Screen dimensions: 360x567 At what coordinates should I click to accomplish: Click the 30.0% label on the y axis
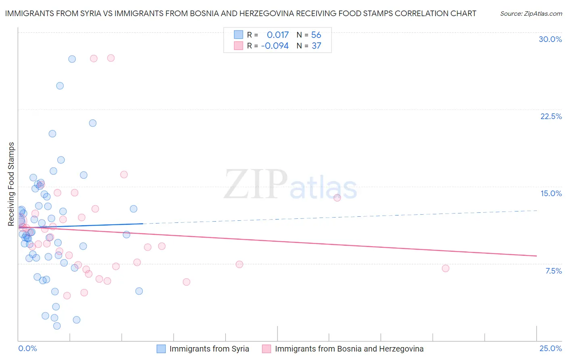pos(550,39)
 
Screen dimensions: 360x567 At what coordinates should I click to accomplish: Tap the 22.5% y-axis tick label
pos(551,116)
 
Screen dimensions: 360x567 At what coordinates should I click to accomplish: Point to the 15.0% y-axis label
pos(551,193)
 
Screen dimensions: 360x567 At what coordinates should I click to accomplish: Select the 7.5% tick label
pos(553,271)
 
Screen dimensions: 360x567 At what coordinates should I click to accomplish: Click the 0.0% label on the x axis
pos(27,348)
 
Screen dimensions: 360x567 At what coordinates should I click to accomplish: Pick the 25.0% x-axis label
pos(550,348)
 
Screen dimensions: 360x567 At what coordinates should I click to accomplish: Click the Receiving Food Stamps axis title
pos(11,184)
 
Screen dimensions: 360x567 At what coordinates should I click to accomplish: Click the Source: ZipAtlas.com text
pos(531,13)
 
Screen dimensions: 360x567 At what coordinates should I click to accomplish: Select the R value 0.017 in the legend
pos(277,35)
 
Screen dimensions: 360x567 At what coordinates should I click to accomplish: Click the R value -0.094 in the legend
pos(275,46)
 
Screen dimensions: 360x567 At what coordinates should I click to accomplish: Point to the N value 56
pos(316,35)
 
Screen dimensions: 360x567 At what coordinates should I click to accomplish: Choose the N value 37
pos(316,46)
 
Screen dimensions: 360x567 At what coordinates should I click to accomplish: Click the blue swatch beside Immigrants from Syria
pos(161,349)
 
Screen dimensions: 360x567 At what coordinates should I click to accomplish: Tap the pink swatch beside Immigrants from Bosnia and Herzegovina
pos(267,349)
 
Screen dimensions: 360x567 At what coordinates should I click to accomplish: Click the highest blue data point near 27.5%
pos(72,59)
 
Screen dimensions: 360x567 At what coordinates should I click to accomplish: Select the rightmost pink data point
pos(445,268)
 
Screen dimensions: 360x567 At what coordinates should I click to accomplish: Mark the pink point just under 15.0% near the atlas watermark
pos(337,198)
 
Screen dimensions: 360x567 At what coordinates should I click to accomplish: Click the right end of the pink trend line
pos(536,256)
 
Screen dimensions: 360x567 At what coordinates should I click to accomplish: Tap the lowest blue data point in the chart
pos(57,326)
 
